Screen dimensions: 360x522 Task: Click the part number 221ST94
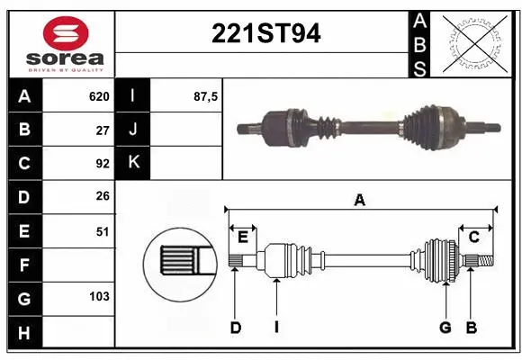coord(265,34)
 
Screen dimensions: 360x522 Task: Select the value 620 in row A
coord(99,96)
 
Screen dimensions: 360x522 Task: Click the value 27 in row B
coord(103,130)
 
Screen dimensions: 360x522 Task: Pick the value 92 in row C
coord(103,164)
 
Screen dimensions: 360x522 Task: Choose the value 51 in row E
coord(103,231)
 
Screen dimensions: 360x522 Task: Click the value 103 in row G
coord(99,296)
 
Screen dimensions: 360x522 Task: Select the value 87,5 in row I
coord(205,96)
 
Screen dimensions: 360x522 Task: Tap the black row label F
coord(23,265)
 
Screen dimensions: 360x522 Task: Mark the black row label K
coord(133,164)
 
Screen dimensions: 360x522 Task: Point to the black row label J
coord(133,130)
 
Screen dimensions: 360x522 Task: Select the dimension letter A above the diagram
coord(360,201)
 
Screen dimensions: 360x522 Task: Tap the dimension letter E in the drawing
coord(242,237)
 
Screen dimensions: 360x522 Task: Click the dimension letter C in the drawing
coord(473,237)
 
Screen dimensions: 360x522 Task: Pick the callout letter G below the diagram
coord(445,328)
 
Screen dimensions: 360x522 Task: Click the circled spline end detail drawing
coord(180,263)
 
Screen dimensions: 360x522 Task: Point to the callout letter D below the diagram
coord(235,328)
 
